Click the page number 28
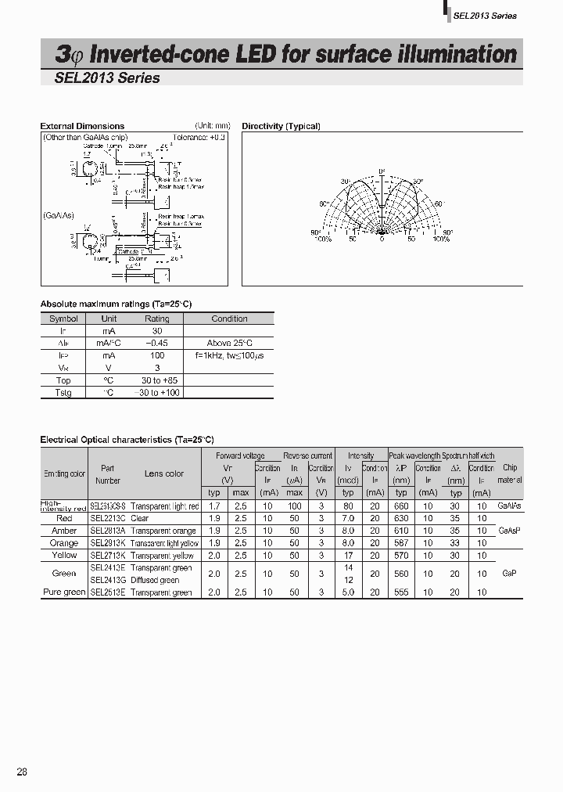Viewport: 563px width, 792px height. [x=22, y=772]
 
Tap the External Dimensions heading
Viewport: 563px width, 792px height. [x=82, y=126]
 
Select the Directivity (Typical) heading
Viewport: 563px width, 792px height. [x=281, y=126]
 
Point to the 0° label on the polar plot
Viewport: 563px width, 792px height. [x=382, y=171]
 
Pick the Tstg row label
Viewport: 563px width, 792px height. [x=63, y=392]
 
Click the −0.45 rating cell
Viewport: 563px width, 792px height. [x=156, y=343]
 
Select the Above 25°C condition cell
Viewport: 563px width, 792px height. [x=229, y=343]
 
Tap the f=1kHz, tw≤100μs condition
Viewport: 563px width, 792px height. [x=229, y=355]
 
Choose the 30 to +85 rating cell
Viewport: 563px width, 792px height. [x=156, y=380]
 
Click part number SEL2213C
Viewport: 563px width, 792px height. [x=108, y=518]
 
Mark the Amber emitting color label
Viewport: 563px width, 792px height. [x=64, y=531]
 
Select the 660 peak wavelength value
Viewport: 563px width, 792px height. [x=401, y=506]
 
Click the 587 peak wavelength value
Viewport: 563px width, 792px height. [x=401, y=542]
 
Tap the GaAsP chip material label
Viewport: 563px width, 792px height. [x=509, y=531]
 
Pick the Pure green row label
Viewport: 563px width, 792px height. [x=64, y=592]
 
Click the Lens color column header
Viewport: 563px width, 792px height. [x=164, y=473]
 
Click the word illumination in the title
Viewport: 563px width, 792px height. [x=458, y=54]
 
